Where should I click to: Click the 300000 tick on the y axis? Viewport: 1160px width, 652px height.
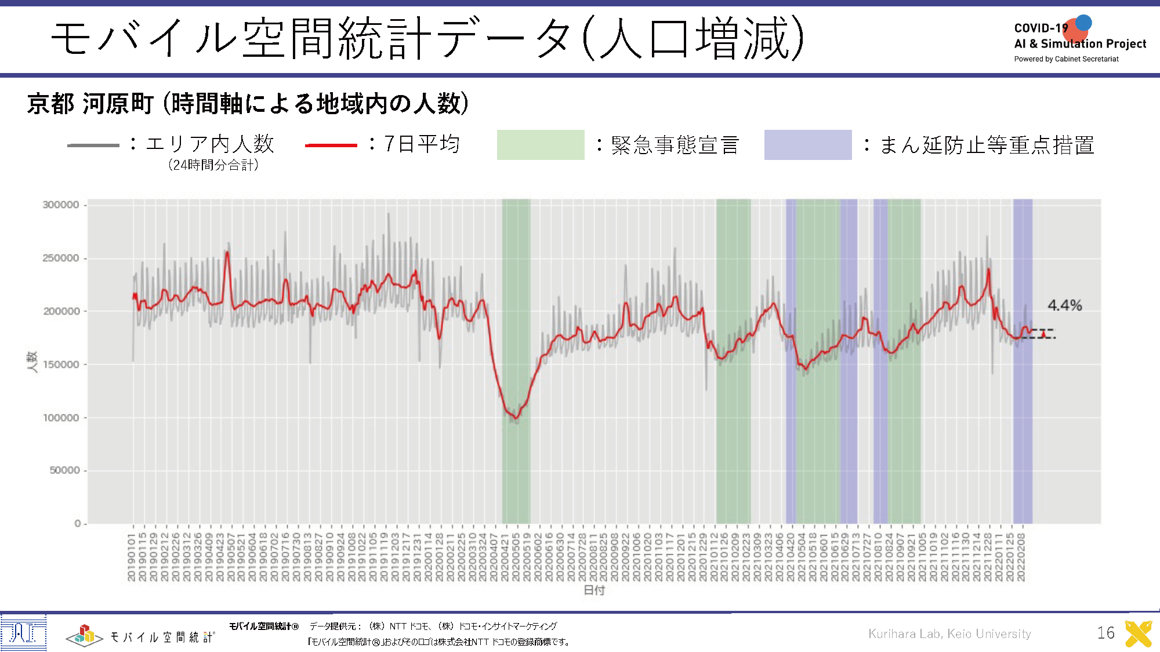pos(61,205)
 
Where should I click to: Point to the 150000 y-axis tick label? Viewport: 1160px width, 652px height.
pos(61,365)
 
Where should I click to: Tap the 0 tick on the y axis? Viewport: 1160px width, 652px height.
pos(78,523)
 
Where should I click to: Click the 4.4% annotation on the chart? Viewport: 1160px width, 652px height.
pos(1064,305)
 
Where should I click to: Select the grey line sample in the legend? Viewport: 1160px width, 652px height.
pos(93,145)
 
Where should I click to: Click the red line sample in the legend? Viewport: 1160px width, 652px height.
pos(331,145)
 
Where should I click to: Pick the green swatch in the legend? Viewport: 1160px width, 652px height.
pos(541,145)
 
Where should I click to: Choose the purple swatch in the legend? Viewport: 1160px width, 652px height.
pos(807,145)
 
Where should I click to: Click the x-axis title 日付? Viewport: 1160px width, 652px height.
pos(594,590)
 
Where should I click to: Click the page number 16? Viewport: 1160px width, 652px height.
pos(1105,633)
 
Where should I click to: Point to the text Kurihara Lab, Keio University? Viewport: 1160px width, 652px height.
pos(949,634)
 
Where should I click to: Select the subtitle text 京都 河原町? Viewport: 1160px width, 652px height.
pos(90,104)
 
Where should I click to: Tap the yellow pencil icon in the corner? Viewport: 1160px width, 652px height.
pos(1138,633)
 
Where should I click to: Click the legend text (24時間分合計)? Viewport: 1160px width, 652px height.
pos(213,165)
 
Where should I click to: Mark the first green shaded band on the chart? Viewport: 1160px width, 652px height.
pos(516,359)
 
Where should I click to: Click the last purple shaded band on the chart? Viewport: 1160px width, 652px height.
pos(1023,359)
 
